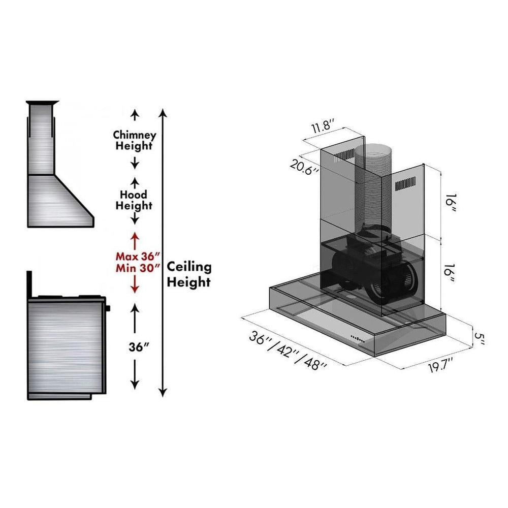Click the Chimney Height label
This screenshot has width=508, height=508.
click(x=135, y=141)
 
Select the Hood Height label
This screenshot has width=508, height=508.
click(x=134, y=200)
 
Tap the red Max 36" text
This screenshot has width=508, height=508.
click(x=135, y=255)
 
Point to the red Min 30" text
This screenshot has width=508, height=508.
click(x=135, y=267)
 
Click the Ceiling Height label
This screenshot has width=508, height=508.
click(x=189, y=274)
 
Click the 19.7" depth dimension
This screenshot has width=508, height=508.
click(x=440, y=366)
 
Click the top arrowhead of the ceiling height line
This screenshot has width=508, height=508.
click(x=163, y=112)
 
